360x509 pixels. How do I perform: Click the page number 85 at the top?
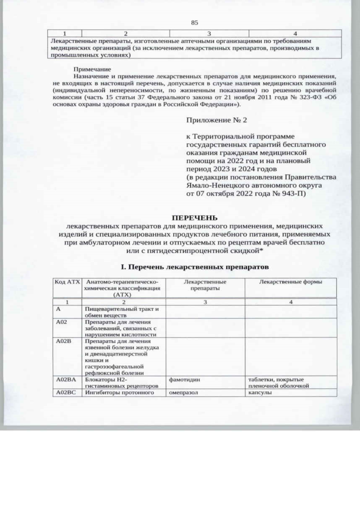pos(195,22)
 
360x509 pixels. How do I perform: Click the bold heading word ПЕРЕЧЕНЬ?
pos(194,218)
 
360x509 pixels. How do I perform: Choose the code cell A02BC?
pos(66,392)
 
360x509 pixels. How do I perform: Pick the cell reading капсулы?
pos(260,392)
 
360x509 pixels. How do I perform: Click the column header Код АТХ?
pos(66,281)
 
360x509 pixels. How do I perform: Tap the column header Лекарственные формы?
pos(290,281)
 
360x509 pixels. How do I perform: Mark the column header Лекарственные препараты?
pos(205,284)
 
